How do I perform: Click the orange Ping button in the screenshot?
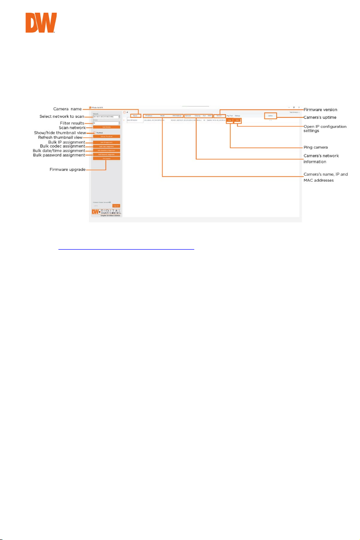click(230, 121)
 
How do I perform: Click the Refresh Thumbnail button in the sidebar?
click(106, 136)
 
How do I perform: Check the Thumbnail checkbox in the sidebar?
click(94, 132)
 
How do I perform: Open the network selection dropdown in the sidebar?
click(106, 117)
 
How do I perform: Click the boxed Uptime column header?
click(270, 116)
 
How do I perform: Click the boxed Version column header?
click(219, 116)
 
